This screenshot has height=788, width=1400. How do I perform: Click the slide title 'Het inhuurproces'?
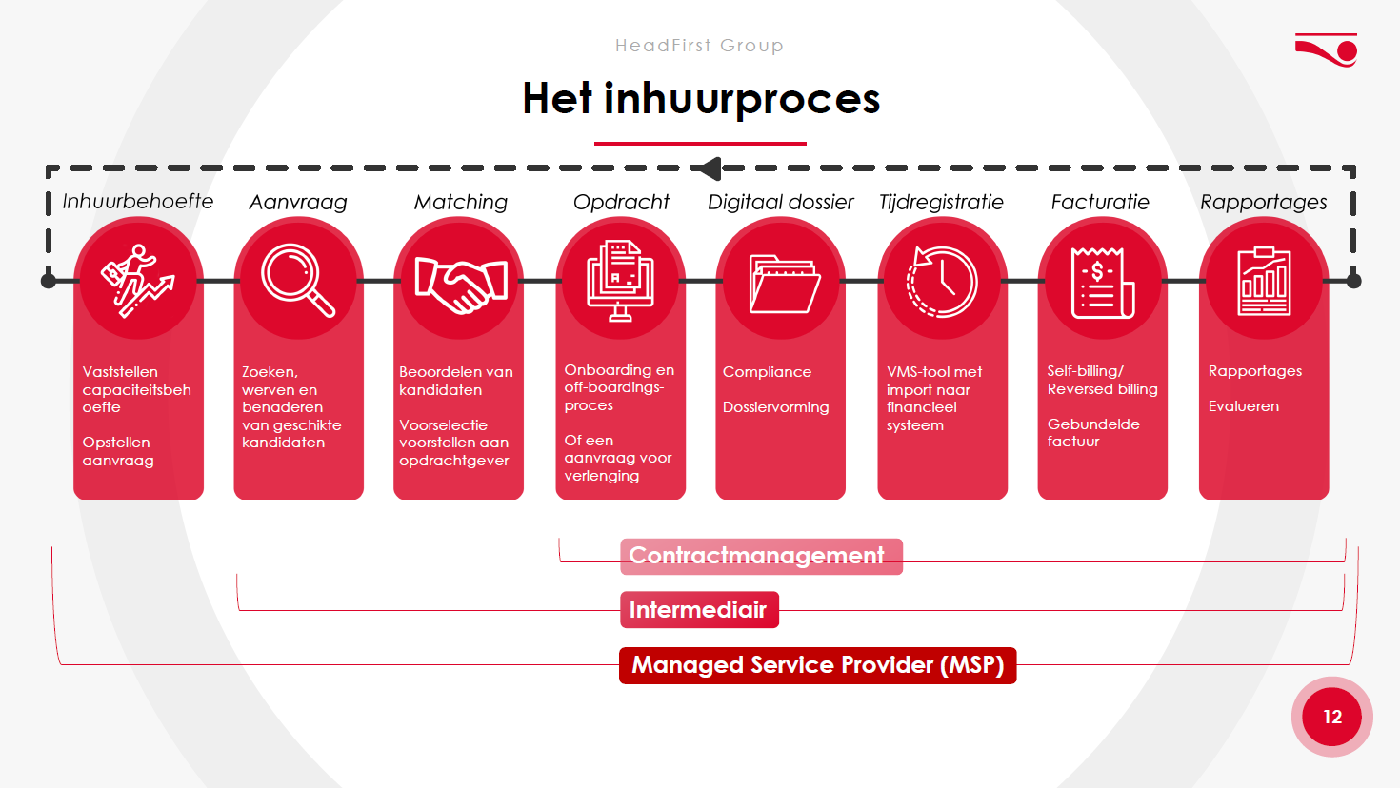(x=701, y=99)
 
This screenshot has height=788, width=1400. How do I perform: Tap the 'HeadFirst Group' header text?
(x=699, y=46)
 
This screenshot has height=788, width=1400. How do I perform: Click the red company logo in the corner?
(x=1327, y=49)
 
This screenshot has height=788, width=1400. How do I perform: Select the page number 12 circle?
(x=1331, y=717)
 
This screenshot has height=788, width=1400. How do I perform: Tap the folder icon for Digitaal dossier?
(x=785, y=285)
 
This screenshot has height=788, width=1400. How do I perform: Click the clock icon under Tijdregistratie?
(x=941, y=282)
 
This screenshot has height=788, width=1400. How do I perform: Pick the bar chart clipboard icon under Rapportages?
(x=1264, y=282)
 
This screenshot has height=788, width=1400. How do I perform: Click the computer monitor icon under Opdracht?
(x=620, y=281)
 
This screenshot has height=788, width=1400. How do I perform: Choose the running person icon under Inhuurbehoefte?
(x=137, y=281)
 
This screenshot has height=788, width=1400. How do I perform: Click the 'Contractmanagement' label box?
(x=761, y=556)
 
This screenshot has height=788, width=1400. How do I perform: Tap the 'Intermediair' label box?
(x=699, y=609)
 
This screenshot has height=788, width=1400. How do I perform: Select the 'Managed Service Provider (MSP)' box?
(x=817, y=665)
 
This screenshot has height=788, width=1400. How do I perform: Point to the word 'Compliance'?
(x=767, y=372)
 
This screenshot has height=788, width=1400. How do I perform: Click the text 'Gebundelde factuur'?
(x=1093, y=433)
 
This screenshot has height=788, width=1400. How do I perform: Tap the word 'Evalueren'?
(x=1243, y=406)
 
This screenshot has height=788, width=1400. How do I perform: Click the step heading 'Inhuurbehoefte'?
(x=137, y=202)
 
